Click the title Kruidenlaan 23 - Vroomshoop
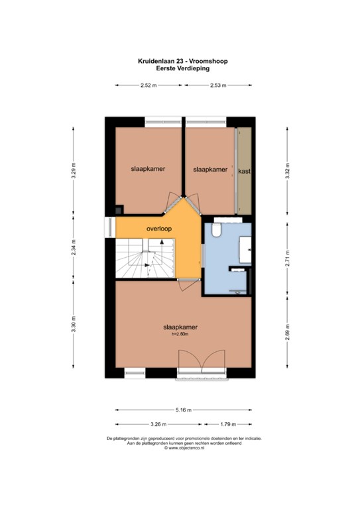(180, 60)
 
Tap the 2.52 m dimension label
(149, 85)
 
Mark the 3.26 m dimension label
(158, 424)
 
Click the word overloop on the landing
(159, 229)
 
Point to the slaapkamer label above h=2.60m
(181, 327)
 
